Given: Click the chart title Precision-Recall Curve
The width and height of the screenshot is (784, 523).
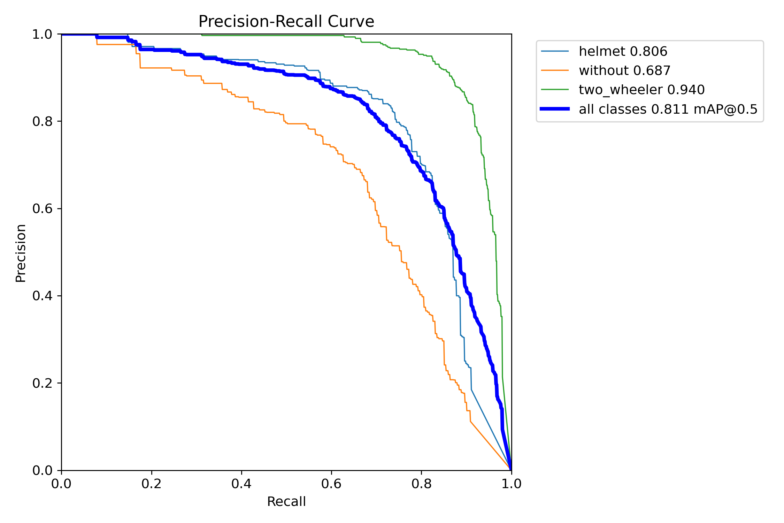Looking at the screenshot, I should click(286, 22).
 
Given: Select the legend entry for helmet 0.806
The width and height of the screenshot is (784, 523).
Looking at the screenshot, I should click(623, 52).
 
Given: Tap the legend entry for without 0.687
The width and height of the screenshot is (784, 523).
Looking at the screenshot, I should click(624, 71).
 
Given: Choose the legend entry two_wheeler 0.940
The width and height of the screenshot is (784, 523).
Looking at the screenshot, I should click(641, 90).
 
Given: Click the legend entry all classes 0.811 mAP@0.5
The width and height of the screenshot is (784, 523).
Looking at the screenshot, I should click(668, 109).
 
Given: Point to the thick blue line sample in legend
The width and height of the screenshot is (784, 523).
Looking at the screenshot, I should click(555, 109).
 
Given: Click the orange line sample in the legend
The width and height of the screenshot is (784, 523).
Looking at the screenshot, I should click(555, 70).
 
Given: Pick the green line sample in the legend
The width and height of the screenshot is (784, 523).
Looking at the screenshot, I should click(555, 90).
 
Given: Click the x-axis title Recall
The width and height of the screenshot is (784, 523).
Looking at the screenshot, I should click(286, 502).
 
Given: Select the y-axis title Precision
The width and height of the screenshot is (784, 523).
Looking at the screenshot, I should click(21, 253).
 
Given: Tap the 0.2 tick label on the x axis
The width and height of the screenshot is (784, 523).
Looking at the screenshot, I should click(151, 484).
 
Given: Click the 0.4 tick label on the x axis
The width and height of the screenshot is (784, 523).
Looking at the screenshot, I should click(241, 484).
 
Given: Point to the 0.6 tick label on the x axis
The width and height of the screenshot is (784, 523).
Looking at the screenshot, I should click(331, 484).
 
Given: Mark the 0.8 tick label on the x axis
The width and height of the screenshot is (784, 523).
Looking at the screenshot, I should click(421, 484).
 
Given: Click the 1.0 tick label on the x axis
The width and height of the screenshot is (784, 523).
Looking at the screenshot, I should click(511, 484).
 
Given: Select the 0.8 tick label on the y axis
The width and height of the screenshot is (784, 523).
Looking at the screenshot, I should click(42, 122).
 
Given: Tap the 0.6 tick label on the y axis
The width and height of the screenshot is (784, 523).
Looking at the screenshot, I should click(42, 209).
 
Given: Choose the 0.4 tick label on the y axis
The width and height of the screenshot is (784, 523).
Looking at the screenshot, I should click(42, 296).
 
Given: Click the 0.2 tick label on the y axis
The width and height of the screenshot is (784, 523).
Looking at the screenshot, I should click(42, 383).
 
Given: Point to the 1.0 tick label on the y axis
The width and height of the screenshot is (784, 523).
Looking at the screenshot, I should click(42, 35).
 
